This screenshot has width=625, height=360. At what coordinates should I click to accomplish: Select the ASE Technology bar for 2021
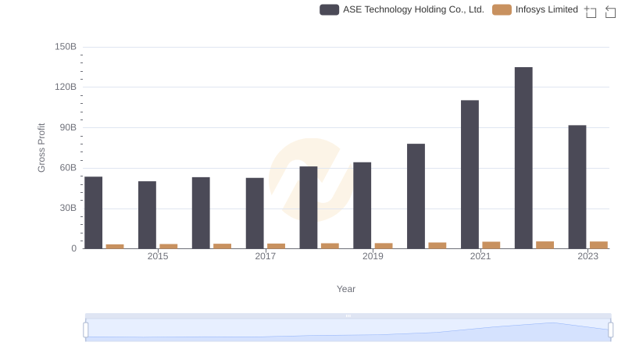tap(470, 174)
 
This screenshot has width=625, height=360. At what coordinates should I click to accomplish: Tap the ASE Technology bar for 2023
tap(577, 187)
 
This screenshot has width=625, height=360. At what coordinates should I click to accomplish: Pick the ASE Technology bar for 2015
tap(147, 215)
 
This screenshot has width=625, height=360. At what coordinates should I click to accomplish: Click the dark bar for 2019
tap(362, 205)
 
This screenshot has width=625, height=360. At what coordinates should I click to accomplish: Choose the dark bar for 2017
tap(255, 213)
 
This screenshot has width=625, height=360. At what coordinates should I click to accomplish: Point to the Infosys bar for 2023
tap(598, 244)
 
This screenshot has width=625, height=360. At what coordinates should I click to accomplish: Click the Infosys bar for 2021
tap(491, 244)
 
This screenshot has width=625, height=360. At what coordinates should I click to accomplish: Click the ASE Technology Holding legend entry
tap(402, 9)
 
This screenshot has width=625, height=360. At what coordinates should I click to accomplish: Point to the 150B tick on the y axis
tap(66, 47)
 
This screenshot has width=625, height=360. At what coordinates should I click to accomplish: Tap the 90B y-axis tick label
tap(67, 127)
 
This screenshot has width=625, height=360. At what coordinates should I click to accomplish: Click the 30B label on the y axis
tap(67, 209)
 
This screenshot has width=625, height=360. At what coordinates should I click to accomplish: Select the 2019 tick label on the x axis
tap(373, 256)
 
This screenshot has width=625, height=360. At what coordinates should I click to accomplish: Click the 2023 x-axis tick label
tap(587, 256)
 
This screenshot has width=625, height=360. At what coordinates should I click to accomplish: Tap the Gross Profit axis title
tap(42, 148)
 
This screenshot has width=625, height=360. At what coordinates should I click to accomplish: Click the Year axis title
tap(346, 289)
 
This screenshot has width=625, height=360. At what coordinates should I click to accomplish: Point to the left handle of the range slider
tap(86, 330)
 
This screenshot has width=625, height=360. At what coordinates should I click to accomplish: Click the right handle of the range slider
tap(610, 330)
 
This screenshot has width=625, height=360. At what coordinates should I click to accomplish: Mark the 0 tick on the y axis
tap(74, 248)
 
